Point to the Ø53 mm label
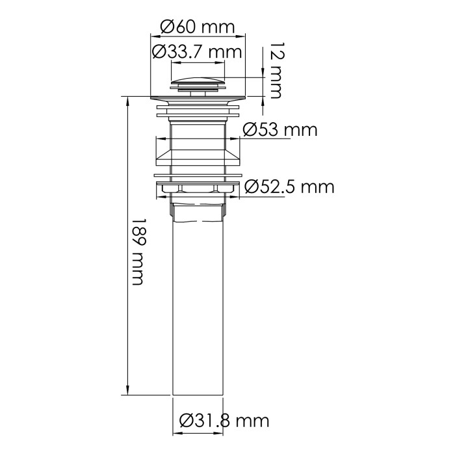point(280,129)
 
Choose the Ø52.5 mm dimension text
point(289,187)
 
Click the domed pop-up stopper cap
point(198,83)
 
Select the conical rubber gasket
point(198,155)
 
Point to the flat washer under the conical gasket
point(198,175)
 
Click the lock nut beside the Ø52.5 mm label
point(198,188)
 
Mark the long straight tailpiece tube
point(198,305)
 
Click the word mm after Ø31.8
point(252,421)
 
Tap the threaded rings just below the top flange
point(198,113)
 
